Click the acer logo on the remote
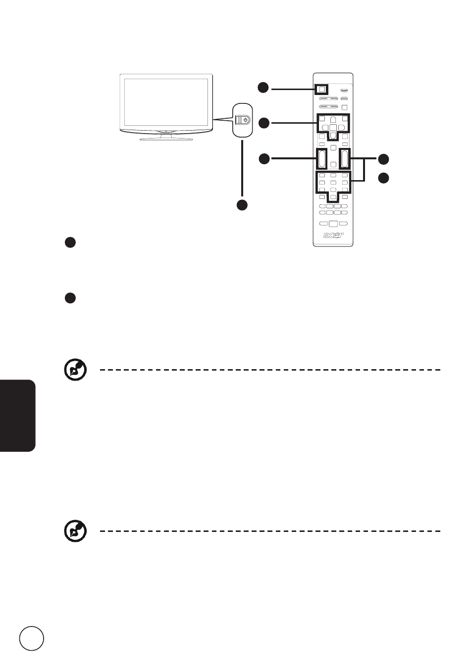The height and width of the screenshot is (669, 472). click(333, 235)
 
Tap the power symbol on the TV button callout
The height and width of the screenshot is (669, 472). click(246, 120)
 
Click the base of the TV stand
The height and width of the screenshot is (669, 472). click(166, 139)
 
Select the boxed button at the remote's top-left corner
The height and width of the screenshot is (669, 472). click(321, 89)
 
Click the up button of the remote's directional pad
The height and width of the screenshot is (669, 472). click(333, 120)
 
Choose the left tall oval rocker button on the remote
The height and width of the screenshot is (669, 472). click(321, 158)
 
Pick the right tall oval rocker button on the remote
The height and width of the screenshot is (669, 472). click(344, 158)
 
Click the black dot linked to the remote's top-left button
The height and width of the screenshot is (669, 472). click(263, 88)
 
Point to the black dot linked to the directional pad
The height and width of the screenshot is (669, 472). click(263, 123)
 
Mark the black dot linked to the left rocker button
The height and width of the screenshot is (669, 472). click(264, 158)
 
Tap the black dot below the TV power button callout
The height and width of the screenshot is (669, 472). click(242, 205)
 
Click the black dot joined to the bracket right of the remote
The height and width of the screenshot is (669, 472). click(383, 159)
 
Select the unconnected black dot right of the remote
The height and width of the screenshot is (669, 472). click(383, 178)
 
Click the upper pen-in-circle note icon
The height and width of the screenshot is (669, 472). click(75, 370)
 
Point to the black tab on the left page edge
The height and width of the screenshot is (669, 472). click(18, 416)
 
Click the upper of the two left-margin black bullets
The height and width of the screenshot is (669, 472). click(70, 242)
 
